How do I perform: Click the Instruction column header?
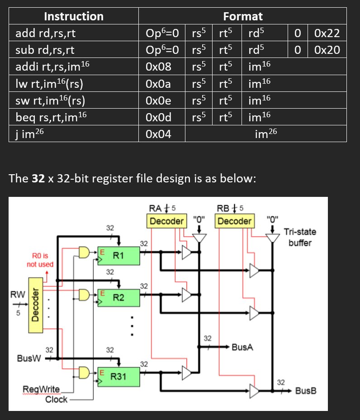(74, 17)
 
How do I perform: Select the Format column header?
(243, 17)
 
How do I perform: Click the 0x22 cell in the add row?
(327, 33)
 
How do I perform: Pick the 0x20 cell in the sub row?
(327, 49)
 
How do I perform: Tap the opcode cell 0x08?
(159, 66)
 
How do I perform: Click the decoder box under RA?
(166, 221)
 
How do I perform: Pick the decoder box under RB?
(235, 221)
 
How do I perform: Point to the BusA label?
(242, 348)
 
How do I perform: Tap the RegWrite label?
(41, 390)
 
